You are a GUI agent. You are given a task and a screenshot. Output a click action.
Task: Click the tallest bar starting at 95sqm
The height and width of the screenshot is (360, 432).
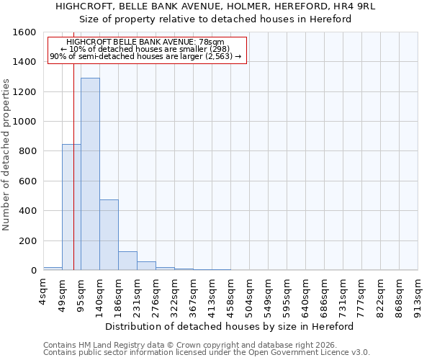point(90,174)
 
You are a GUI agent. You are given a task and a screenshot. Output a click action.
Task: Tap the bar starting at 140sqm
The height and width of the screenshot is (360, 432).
point(109,235)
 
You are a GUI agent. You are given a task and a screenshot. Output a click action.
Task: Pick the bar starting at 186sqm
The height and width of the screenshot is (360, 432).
point(127,261)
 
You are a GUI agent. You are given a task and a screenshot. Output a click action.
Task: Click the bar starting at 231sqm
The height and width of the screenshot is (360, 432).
point(146,266)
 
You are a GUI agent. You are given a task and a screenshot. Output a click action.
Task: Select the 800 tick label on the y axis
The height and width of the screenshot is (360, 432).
point(27,151)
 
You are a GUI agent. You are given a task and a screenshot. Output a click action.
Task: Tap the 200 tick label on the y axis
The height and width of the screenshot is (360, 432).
point(27,241)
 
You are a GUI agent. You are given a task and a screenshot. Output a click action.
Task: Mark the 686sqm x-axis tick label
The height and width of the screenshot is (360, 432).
point(325,294)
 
